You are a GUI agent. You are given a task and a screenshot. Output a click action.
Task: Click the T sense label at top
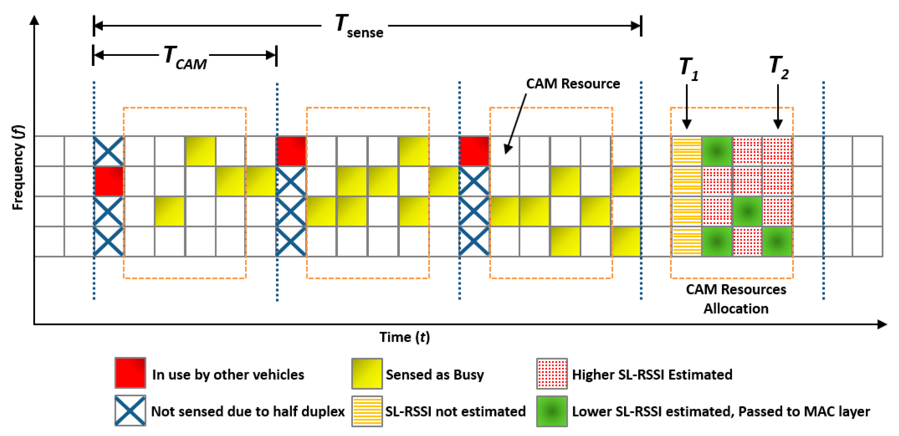(x=359, y=26)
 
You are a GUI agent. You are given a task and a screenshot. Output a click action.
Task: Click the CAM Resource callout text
(x=573, y=84)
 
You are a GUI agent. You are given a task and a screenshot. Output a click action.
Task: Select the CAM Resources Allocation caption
(x=736, y=299)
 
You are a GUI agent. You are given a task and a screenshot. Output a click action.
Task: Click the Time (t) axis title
(x=404, y=337)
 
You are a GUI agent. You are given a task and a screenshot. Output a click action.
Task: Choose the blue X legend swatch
(x=130, y=411)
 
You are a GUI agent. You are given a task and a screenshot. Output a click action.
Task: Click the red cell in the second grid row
(x=109, y=181)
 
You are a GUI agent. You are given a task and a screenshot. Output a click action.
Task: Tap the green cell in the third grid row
(x=747, y=211)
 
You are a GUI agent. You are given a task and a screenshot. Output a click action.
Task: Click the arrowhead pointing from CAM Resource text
(x=508, y=149)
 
